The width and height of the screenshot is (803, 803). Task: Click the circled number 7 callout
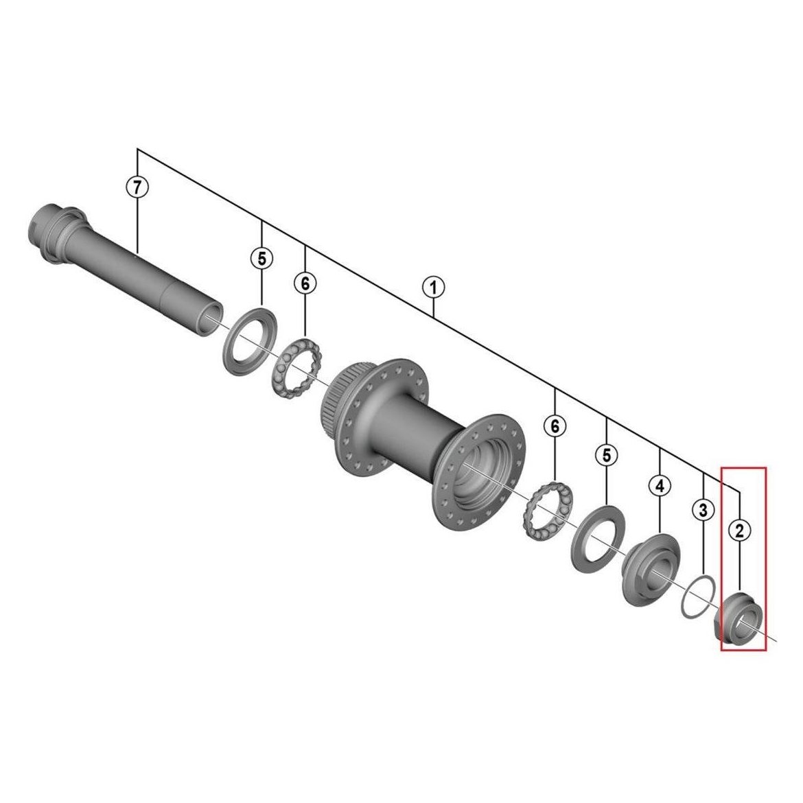137,187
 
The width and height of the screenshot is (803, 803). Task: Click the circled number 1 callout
433,287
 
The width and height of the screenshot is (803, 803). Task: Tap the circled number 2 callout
739,530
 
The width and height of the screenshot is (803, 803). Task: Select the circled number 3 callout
703,509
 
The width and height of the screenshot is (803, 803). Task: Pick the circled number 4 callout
660,485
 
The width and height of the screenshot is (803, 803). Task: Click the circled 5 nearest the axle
261,259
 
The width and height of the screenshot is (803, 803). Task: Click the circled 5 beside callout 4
606,454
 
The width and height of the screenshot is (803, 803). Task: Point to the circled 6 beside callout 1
305,283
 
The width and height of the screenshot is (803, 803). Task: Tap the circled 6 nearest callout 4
555,425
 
